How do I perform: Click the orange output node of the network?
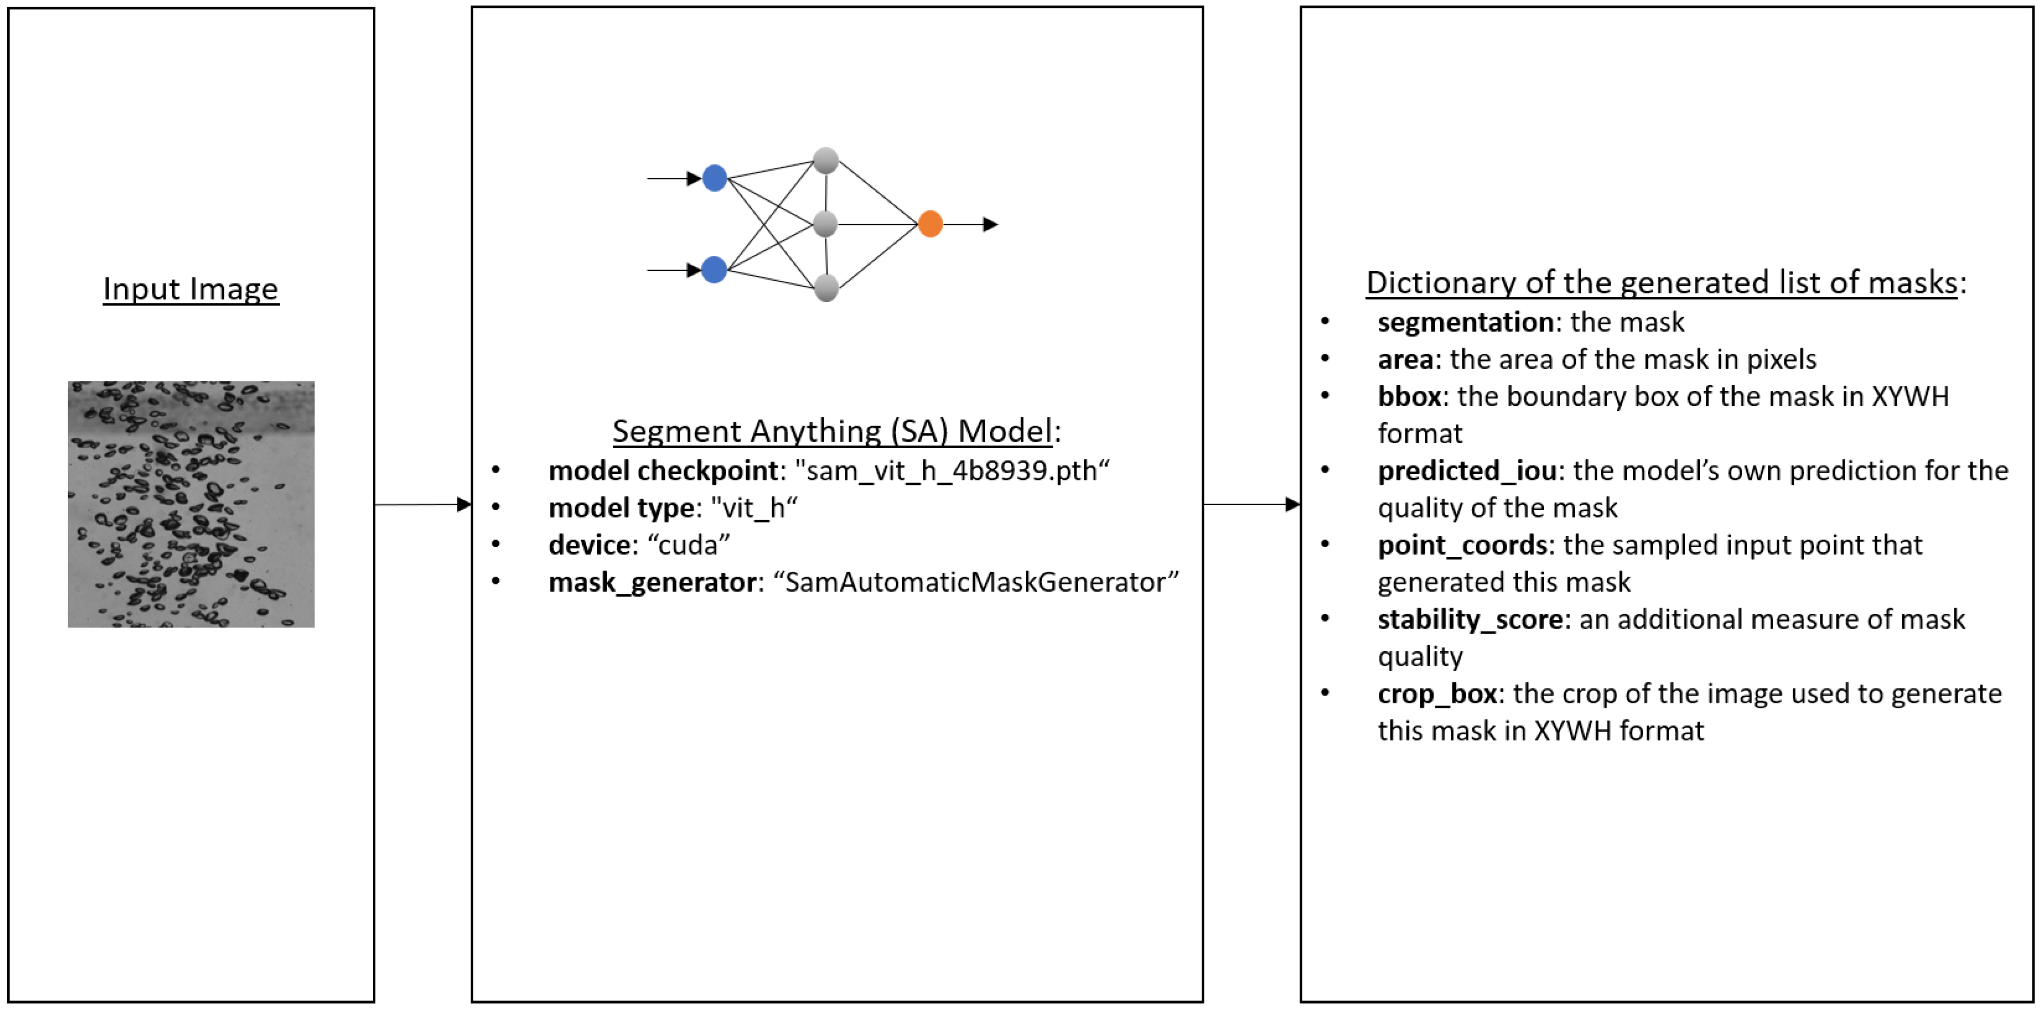(x=930, y=224)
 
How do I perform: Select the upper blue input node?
(x=715, y=178)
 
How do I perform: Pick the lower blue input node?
(x=715, y=270)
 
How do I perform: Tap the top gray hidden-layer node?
(x=825, y=160)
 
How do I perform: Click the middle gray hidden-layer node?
(x=825, y=224)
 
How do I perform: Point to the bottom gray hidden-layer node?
(x=825, y=288)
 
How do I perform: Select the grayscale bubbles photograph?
(x=191, y=504)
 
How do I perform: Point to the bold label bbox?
(x=1409, y=397)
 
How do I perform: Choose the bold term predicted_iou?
(x=1466, y=471)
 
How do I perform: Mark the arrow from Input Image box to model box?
(x=423, y=504)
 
